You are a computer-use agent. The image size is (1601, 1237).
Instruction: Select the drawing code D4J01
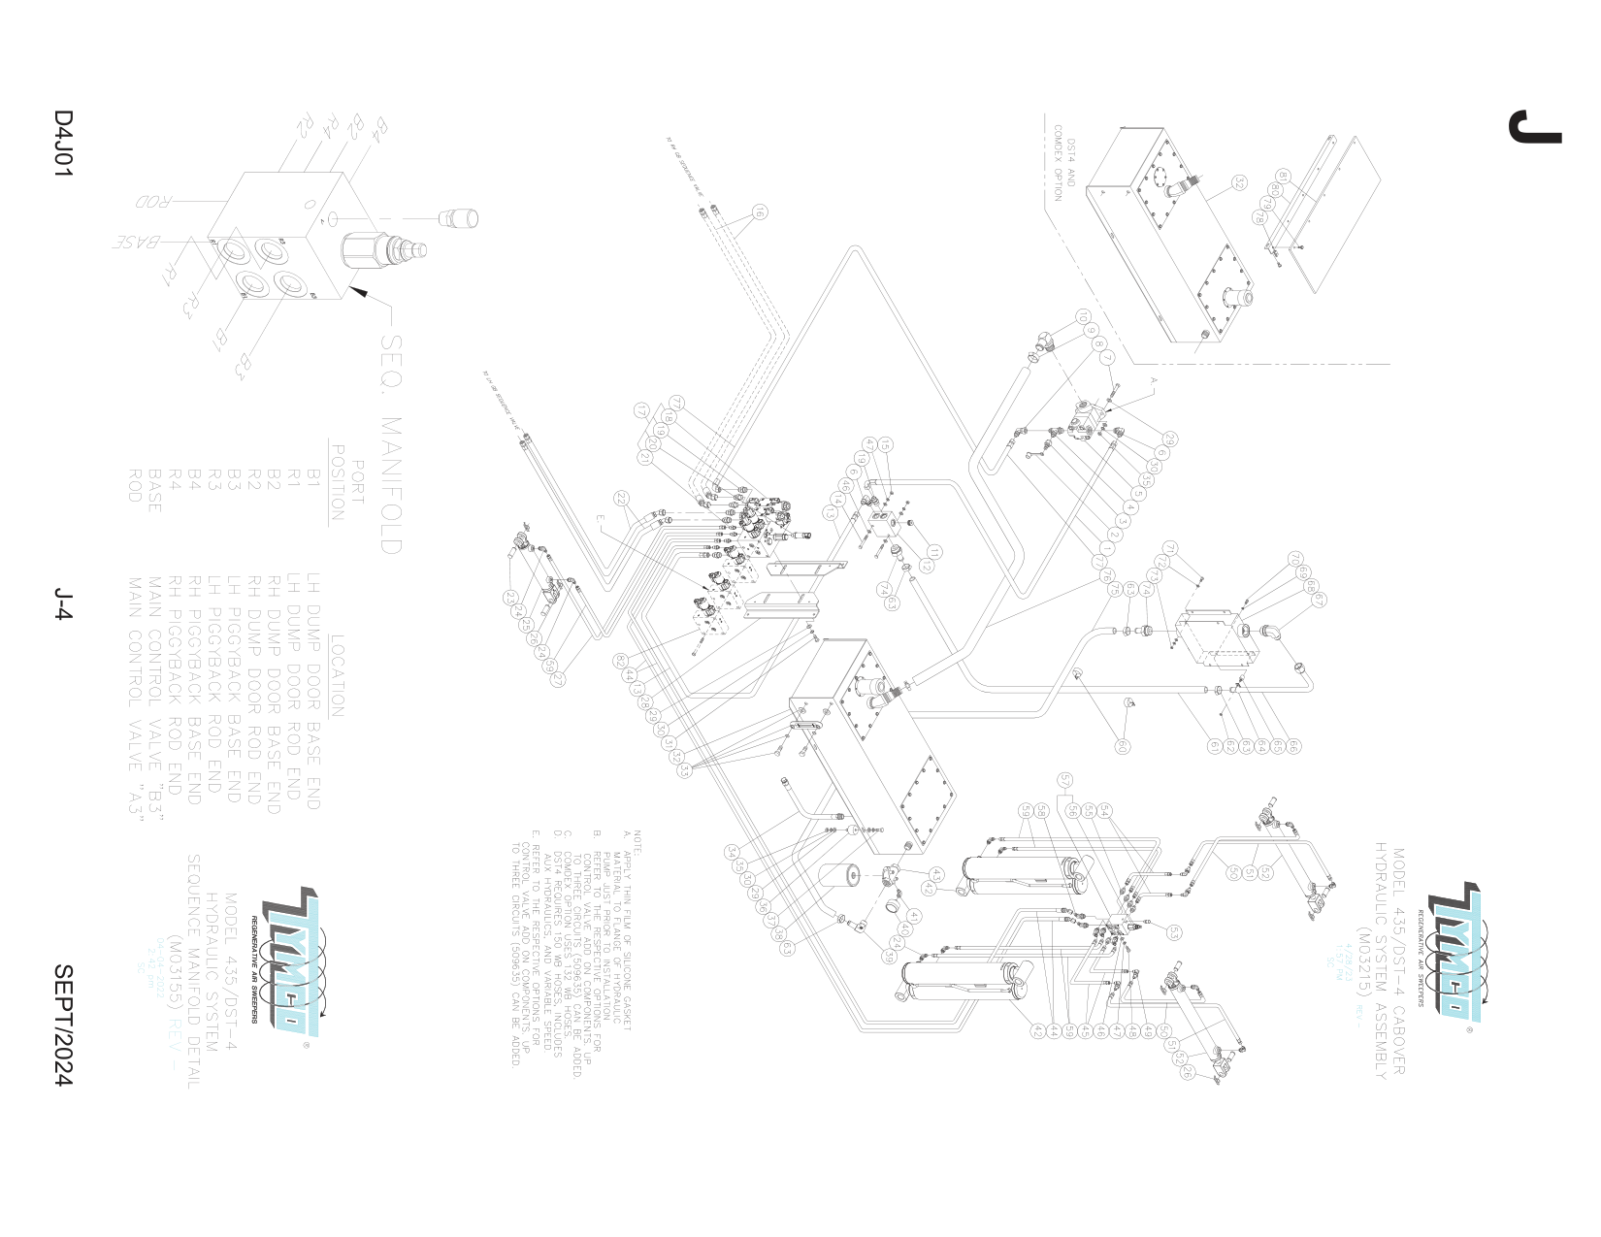click(63, 144)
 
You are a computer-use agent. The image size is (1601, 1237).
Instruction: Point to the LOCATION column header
click(337, 675)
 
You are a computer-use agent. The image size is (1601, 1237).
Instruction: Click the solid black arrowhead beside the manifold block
click(359, 292)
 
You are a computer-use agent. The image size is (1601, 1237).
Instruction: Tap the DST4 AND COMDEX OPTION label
click(1064, 170)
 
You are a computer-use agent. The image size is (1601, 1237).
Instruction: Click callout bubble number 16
click(760, 212)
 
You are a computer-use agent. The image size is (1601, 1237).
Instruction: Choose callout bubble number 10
click(1083, 317)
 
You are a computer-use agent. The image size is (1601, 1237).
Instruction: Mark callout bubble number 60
click(1123, 746)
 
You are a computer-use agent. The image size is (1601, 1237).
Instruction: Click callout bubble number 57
click(1064, 779)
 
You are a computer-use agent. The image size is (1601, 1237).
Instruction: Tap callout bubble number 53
click(1175, 932)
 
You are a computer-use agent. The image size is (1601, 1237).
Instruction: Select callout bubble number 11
click(933, 552)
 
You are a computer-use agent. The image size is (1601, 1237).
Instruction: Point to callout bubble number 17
click(640, 410)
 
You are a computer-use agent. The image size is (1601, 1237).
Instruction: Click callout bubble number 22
click(622, 501)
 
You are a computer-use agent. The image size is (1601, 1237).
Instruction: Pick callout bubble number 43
click(935, 873)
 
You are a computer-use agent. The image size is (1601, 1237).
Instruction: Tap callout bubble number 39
click(889, 956)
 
